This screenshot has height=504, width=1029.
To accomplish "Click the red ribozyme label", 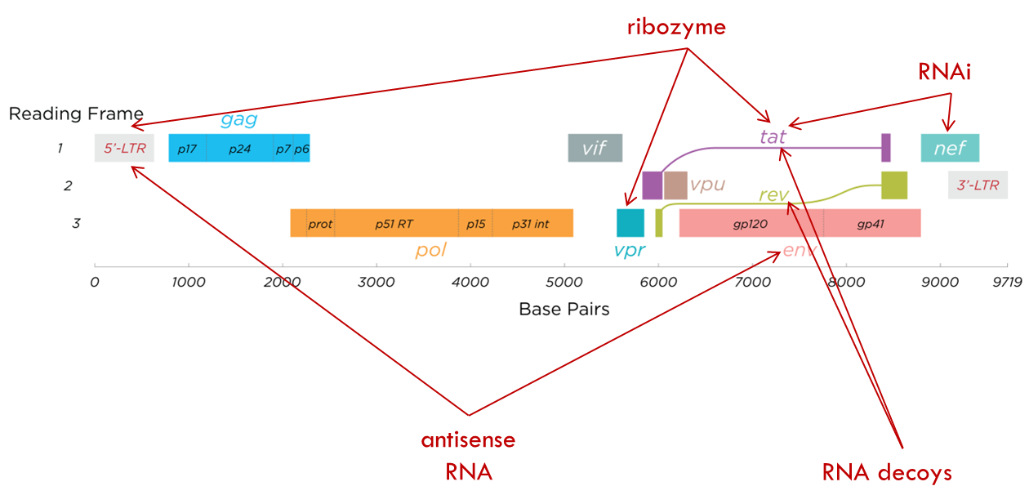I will pos(676,28).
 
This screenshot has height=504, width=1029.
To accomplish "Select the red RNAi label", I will pos(944,73).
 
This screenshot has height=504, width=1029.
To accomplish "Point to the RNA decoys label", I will pos(887,472).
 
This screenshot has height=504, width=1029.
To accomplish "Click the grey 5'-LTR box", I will pos(124,149).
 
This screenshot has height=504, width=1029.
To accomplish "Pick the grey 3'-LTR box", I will pos(978,185).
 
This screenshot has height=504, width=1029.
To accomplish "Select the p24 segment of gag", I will pos(239,149).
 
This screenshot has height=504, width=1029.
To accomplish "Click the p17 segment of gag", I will pos(187,149).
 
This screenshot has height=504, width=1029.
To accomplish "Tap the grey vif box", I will pos(595,149).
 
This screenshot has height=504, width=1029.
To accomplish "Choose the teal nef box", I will pos(950,149).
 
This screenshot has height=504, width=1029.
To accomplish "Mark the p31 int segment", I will pos(532,223).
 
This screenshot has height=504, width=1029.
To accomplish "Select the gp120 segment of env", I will pos(751,223).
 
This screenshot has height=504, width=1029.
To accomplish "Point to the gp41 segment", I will pos(871,223).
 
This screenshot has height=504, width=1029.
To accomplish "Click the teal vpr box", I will pos(630,223).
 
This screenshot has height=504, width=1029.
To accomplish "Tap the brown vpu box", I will pos(675,185).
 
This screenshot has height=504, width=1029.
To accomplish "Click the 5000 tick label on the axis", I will pos(564,282).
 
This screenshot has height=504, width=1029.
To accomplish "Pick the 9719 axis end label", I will pos(1007,282).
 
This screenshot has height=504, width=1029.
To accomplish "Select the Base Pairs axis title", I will pos(564,310).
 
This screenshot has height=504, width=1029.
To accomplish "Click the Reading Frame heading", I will pos(76,114).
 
